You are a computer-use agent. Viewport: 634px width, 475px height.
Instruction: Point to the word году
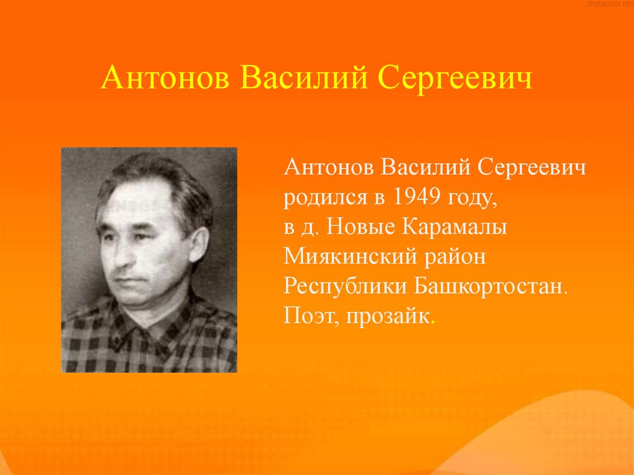point(474,199)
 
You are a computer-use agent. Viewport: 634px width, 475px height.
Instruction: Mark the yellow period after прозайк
point(433,323)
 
